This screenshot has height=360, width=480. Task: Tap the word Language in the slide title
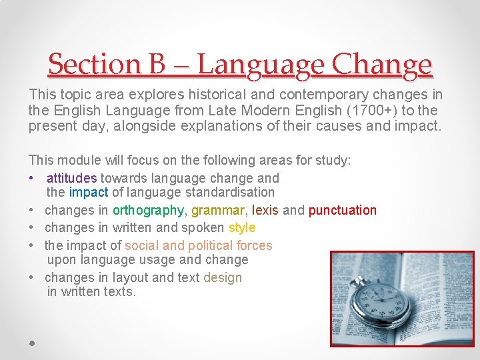(261, 65)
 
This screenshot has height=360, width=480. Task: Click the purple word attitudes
(72, 178)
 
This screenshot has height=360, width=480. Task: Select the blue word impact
(88, 192)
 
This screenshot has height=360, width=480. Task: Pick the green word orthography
(148, 210)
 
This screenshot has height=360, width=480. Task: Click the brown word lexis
(265, 210)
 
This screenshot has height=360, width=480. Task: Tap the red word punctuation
(342, 210)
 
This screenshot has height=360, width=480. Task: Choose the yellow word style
(242, 227)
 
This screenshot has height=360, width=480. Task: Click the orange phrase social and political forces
(198, 245)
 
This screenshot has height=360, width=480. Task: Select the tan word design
(223, 277)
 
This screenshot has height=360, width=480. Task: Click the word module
(75, 160)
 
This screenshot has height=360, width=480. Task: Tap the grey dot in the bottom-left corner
(32, 343)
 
